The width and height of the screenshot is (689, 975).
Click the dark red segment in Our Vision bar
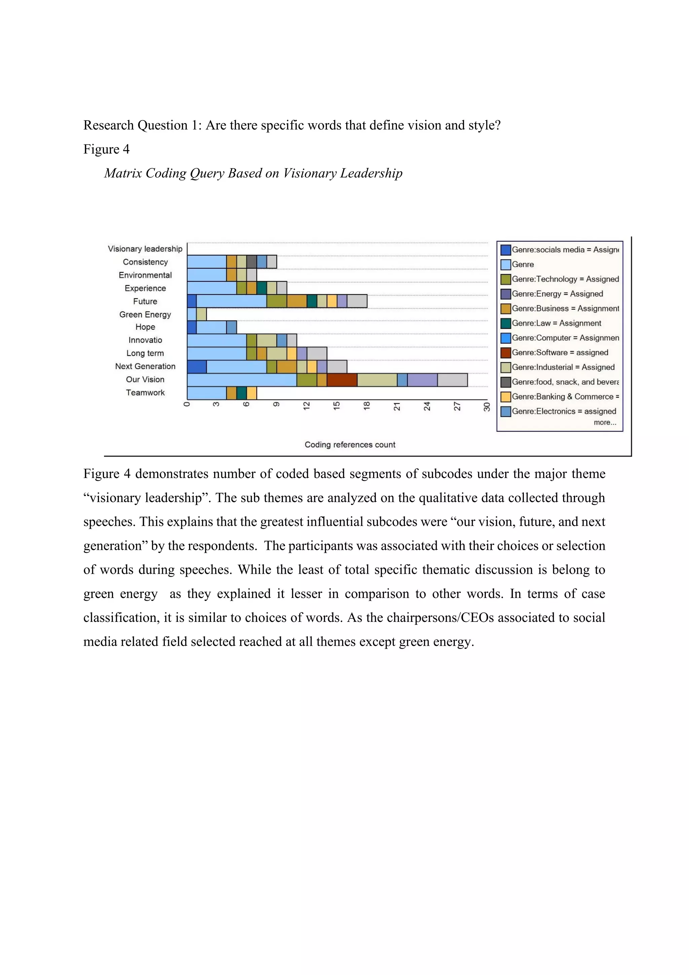coord(341,380)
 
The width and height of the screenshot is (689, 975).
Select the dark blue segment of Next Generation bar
coord(196,367)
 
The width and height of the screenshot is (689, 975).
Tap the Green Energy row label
coord(145,314)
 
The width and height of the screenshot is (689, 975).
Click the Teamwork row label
coord(145,392)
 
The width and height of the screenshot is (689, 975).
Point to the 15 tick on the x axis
coord(337,406)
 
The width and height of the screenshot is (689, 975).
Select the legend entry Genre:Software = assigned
coord(559,352)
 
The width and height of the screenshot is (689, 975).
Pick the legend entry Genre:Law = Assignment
coord(556,323)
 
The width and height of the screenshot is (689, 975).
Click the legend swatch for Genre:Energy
coord(505,294)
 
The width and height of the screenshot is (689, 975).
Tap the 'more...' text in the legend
coord(605,422)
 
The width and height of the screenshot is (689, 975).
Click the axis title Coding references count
coord(350,445)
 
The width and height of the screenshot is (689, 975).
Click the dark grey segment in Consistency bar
coord(252,262)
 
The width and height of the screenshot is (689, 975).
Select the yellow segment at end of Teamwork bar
coord(252,393)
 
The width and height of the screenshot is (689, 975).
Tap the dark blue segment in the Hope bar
coord(192,327)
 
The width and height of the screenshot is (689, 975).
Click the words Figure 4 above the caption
coord(106,149)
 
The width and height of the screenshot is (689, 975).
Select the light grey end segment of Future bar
coord(357,301)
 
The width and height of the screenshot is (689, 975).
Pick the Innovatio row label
coord(145,340)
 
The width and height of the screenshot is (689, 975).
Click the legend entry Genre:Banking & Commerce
coord(565,397)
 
